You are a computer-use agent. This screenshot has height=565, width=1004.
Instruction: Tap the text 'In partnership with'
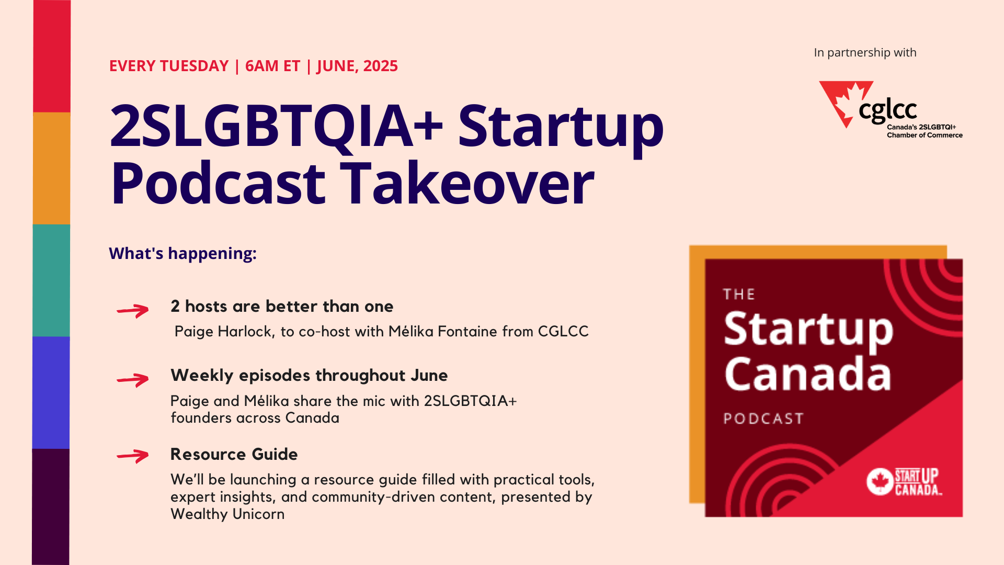[865, 53]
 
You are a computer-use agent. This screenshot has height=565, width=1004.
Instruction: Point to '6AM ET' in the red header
[272, 66]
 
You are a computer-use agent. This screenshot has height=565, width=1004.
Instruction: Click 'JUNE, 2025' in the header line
[357, 66]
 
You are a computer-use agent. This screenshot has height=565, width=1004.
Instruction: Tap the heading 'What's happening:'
[182, 253]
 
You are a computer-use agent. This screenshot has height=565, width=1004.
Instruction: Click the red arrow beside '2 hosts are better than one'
[133, 311]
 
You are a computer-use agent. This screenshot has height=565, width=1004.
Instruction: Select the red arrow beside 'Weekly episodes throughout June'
[133, 380]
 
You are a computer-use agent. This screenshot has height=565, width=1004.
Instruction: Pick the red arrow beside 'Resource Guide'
[133, 456]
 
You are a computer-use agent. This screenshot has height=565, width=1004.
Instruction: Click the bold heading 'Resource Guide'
[234, 454]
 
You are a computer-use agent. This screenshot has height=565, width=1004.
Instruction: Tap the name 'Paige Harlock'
[224, 332]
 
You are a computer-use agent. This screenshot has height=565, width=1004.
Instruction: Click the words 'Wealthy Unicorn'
[227, 514]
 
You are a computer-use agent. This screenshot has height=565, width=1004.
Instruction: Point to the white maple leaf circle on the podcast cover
[880, 481]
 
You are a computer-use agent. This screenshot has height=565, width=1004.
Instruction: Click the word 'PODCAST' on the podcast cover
[763, 419]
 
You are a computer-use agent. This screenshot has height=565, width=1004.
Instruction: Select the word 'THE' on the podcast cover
[739, 294]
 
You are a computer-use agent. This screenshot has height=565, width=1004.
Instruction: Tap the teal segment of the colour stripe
[51, 280]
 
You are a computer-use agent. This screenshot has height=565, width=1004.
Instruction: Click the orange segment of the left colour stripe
[51, 168]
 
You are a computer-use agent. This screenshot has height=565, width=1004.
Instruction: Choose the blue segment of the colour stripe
[51, 392]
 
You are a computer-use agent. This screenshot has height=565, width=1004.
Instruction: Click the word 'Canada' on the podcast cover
[808, 374]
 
